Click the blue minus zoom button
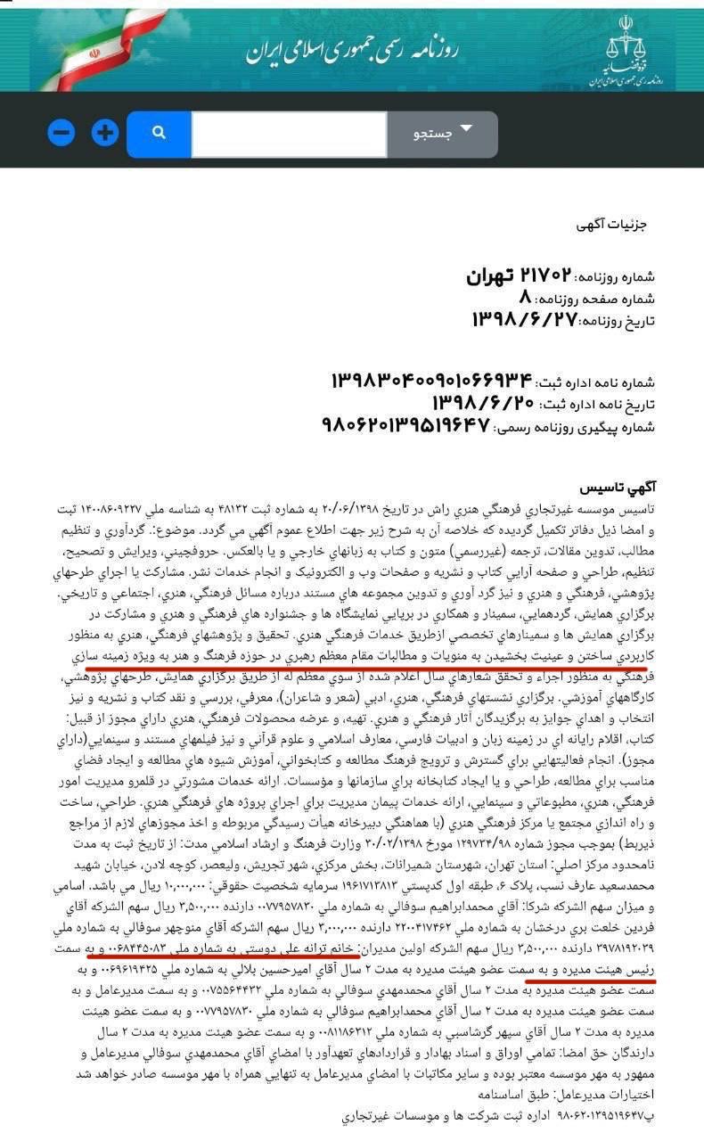click(x=61, y=134)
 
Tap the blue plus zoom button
click(x=105, y=134)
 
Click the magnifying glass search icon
click(x=159, y=134)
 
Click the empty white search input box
click(x=288, y=134)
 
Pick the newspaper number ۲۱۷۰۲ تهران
click(x=518, y=276)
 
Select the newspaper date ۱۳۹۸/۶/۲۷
click(x=525, y=319)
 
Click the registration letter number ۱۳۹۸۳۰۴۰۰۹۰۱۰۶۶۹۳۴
click(x=430, y=382)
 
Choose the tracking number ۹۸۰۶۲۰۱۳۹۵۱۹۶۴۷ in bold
click(x=405, y=426)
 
